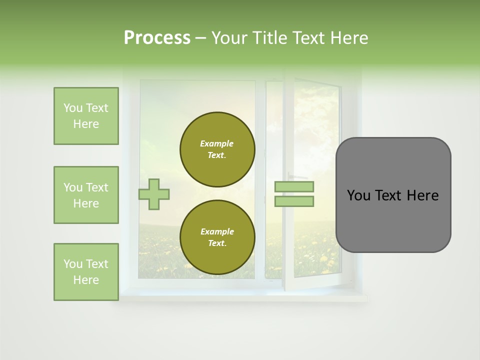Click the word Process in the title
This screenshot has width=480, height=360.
(x=157, y=38)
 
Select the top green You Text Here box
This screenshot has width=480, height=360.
(x=86, y=116)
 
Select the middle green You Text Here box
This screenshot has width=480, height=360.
(x=86, y=195)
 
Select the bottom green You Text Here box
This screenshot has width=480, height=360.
(x=86, y=272)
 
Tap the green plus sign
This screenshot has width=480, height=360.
(x=154, y=194)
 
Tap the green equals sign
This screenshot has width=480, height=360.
(x=294, y=194)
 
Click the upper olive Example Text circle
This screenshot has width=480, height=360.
(x=217, y=149)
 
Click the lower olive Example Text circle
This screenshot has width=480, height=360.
(x=217, y=237)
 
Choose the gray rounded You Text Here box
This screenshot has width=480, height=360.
(x=393, y=195)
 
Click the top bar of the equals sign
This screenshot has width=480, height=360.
(x=294, y=187)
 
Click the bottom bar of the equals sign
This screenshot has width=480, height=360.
(x=294, y=201)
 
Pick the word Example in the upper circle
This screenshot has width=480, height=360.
(x=217, y=143)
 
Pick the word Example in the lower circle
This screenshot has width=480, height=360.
(x=217, y=231)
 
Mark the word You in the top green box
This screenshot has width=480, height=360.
(x=73, y=108)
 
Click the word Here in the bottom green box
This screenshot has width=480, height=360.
(x=86, y=280)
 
